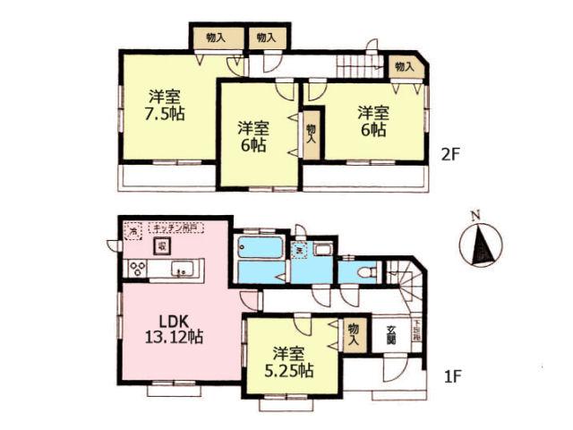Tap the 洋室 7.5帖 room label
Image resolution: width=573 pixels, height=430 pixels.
tap(167, 106)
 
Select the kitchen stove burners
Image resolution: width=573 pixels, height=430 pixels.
tap(140, 268)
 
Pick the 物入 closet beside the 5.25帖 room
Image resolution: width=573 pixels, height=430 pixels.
tap(355, 335)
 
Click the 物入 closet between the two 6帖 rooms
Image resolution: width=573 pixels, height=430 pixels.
tap(311, 133)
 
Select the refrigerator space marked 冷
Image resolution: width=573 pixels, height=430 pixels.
tap(133, 232)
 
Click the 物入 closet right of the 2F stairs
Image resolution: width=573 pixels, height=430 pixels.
tap(404, 67)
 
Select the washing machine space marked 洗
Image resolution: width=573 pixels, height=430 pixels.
tap(301, 250)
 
